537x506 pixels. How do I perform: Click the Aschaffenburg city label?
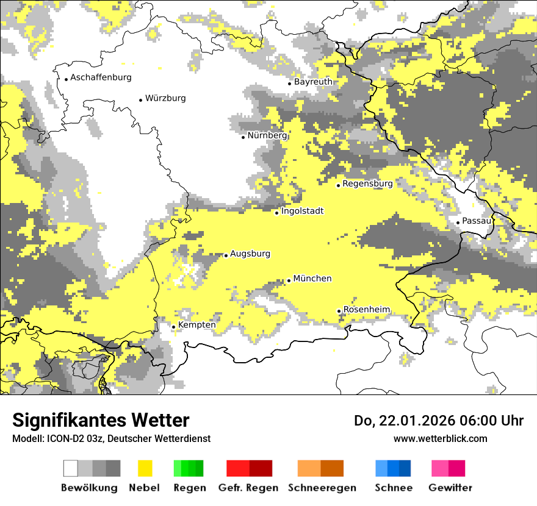coord(101,77)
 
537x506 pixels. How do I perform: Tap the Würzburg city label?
coord(165,98)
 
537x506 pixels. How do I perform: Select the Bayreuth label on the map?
coord(313,82)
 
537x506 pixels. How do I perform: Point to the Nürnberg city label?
coord(267,135)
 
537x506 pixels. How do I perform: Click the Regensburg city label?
coord(367,184)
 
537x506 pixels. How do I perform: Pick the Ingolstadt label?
coord(302,211)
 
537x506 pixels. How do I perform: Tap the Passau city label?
coord(477,221)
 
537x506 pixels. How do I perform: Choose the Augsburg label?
coord(250,254)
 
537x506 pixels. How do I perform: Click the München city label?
coord(312,279)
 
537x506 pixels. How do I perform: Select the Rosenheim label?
coord(366,310)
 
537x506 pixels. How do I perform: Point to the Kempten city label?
coord(196,325)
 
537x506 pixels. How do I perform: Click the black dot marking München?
coord(289,280)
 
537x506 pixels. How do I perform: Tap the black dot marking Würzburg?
coord(140,100)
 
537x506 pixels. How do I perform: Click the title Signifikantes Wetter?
coord(101,420)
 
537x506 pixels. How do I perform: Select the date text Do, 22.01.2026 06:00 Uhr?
coord(439,421)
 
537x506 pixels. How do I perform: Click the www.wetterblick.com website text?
coord(441,438)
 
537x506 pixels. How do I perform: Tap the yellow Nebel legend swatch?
coord(145,468)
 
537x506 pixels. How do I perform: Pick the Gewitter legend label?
coord(450,488)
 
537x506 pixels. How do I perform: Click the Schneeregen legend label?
coord(322,488)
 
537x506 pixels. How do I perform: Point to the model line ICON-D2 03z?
coord(111,438)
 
